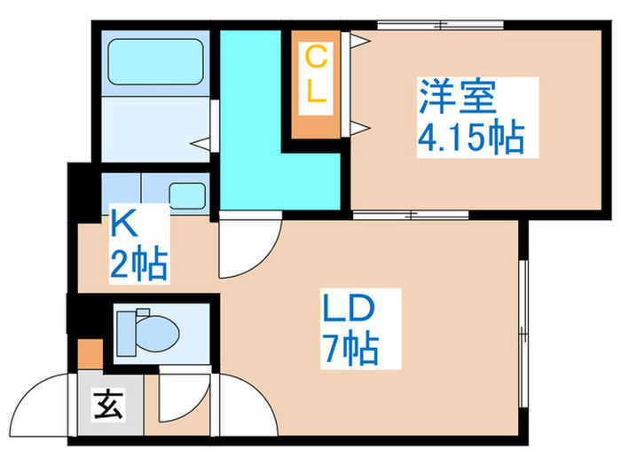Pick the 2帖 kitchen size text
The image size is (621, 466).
pos(139,264)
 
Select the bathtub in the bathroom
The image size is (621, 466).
pos(154,62)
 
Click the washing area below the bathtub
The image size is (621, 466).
pos(154,129)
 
